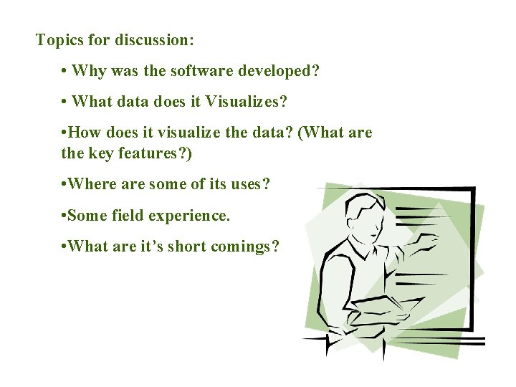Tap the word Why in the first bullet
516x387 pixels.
[x=88, y=71]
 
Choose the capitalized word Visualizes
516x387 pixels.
[x=246, y=102]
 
